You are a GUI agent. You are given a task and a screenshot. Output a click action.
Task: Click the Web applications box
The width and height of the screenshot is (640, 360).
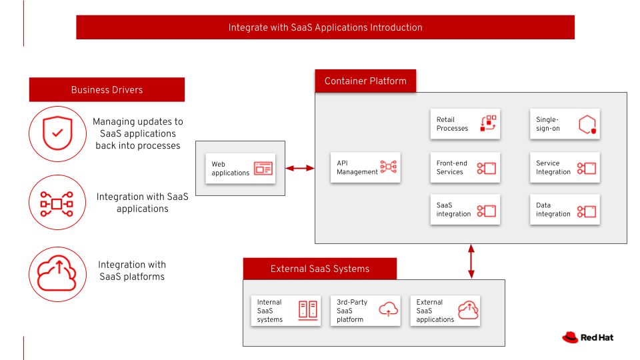point(241,168)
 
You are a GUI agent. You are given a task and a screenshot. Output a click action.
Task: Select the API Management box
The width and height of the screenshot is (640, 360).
point(365,167)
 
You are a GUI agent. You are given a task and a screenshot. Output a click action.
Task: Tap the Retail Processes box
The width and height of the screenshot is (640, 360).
point(465,124)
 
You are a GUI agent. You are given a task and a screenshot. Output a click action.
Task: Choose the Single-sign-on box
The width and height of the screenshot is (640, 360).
point(565,124)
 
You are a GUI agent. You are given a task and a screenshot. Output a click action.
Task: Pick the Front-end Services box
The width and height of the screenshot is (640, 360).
point(465,167)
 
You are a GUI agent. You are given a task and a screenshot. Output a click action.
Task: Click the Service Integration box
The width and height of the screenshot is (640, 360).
point(565,167)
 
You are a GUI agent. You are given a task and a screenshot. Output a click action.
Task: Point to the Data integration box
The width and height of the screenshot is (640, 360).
point(565,209)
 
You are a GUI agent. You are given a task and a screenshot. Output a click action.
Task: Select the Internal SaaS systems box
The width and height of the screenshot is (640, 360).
point(286,311)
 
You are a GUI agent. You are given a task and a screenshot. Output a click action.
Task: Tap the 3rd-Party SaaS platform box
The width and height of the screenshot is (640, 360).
point(365,311)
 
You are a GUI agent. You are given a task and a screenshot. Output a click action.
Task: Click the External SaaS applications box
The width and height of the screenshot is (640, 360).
point(445,311)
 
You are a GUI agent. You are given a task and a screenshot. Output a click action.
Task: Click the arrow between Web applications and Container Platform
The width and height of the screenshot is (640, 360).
point(299,168)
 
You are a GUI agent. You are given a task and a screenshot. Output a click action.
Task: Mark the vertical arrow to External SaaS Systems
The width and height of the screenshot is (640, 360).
point(471,261)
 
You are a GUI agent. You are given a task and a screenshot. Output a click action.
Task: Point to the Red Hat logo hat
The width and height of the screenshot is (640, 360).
point(570,337)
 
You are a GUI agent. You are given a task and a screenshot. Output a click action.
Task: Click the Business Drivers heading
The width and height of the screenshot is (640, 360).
point(107,89)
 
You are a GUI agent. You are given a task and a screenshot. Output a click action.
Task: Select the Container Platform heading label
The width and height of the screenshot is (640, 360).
point(365,81)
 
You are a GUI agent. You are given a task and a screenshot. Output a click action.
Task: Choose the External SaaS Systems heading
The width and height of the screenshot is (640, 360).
point(319,269)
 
